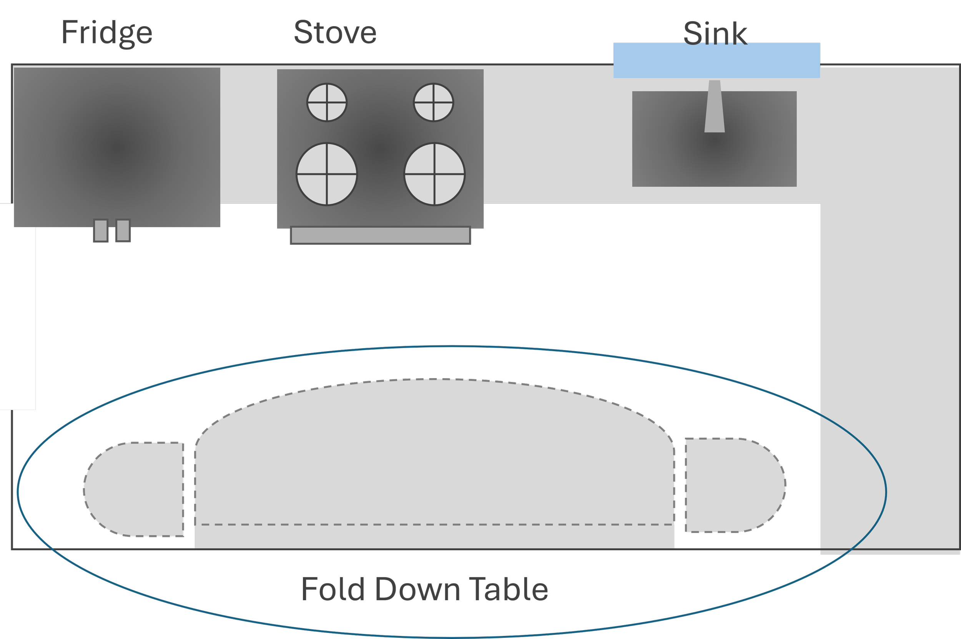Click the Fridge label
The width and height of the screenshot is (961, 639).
(x=107, y=33)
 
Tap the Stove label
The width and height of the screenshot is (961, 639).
(x=335, y=33)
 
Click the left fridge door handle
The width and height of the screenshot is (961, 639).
(x=101, y=231)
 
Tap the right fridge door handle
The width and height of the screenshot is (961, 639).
(x=123, y=231)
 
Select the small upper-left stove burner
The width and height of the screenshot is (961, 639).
(x=327, y=102)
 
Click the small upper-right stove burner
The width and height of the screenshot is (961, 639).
(x=433, y=102)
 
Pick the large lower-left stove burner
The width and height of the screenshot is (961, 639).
(x=327, y=174)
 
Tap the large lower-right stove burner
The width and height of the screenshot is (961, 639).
(x=434, y=174)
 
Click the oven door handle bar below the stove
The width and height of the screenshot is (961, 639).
(x=381, y=236)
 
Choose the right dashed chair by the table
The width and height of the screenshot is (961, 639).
(x=734, y=485)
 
